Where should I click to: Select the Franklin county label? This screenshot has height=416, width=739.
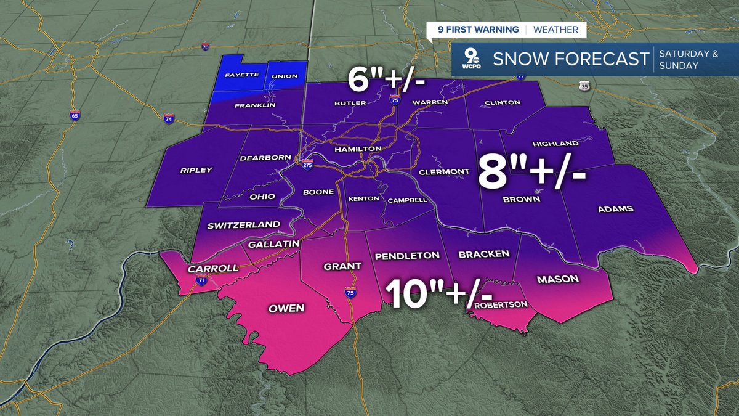(x=254, y=105)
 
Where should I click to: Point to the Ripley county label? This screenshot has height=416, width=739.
(x=196, y=170)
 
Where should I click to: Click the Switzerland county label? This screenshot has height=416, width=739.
(x=243, y=225)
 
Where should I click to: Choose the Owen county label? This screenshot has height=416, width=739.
(x=286, y=308)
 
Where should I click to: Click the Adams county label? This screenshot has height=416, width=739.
(x=616, y=209)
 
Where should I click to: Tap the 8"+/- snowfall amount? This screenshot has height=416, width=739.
(x=531, y=175)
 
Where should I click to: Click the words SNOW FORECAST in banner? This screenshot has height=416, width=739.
(x=571, y=59)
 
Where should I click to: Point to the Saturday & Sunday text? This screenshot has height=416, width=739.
(x=688, y=59)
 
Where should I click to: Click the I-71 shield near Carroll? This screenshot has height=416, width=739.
(x=201, y=279)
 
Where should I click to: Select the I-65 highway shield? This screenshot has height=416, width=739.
(x=75, y=116)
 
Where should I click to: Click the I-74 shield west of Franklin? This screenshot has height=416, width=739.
(x=168, y=117)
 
